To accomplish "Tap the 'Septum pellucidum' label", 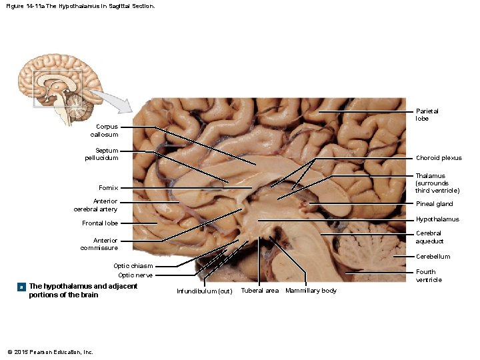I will click(x=102, y=154).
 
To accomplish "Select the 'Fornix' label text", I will click(x=108, y=188).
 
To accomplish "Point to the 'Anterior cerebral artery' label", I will click(x=95, y=205).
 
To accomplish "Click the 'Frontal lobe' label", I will click(x=100, y=223).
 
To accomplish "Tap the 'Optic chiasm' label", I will click(x=133, y=266).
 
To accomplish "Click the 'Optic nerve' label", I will click(x=135, y=275).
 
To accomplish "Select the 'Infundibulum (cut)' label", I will click(x=204, y=291).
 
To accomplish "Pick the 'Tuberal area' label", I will click(x=260, y=291).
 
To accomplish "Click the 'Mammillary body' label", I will click(x=311, y=291).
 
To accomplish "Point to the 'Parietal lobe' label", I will click(x=427, y=115).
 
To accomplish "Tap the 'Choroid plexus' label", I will click(x=439, y=158).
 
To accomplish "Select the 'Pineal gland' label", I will click(x=435, y=204).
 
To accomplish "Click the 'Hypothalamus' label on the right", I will click(x=437, y=219).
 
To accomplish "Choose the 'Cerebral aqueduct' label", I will click(x=429, y=237).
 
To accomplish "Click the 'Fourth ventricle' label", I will click(x=429, y=276).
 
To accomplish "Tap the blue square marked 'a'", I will click(x=21, y=287).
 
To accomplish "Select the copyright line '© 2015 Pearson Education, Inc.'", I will click(x=50, y=352).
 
